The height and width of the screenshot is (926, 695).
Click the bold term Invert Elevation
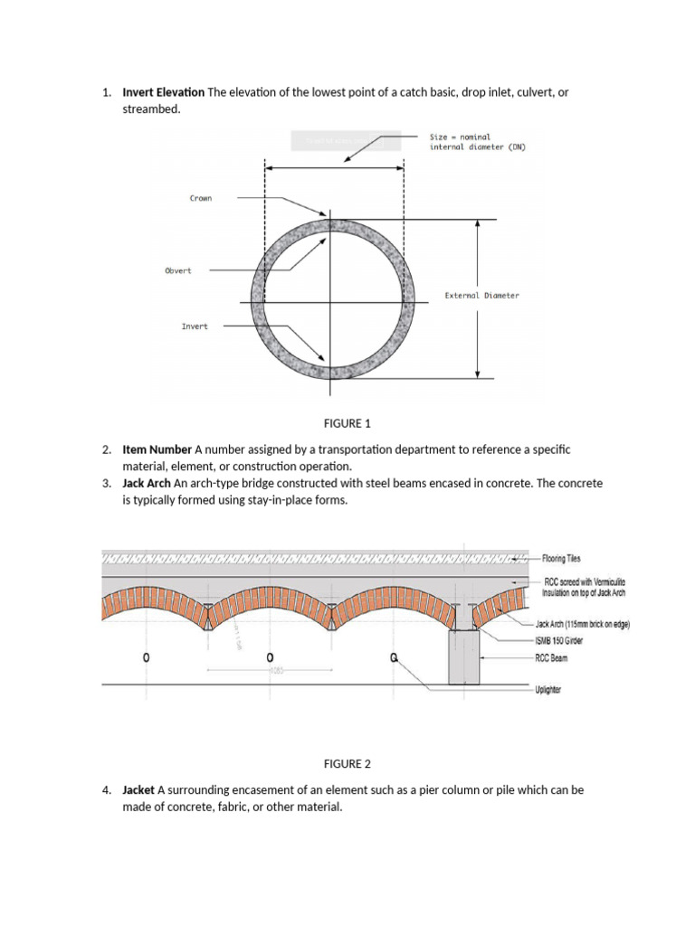(163, 92)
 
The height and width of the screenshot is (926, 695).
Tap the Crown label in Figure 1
(200, 198)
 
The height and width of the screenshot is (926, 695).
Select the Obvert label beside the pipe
(177, 270)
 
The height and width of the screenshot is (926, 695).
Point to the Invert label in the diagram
(194, 326)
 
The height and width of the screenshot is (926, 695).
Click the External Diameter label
(481, 296)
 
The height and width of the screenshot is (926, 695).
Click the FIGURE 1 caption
(347, 423)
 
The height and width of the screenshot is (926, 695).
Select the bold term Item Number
(157, 449)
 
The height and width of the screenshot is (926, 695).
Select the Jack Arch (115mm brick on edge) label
(583, 624)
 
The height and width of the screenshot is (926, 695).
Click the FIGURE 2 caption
(347, 763)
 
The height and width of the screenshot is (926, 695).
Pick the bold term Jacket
(139, 789)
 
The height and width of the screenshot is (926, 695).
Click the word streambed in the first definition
(152, 109)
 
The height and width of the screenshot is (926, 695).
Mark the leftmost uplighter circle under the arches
(146, 657)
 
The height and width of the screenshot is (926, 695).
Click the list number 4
(106, 789)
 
